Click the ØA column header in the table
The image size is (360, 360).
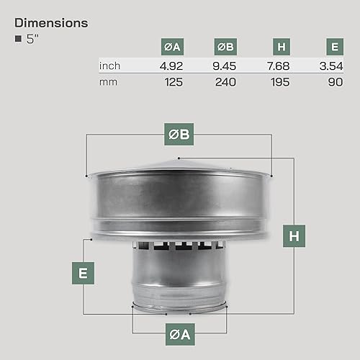coord(173,48)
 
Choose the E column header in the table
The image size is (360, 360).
coord(334,48)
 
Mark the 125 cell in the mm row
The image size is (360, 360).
coord(174,82)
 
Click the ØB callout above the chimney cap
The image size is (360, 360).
coord(179,132)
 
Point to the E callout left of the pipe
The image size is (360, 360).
coord(84,273)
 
